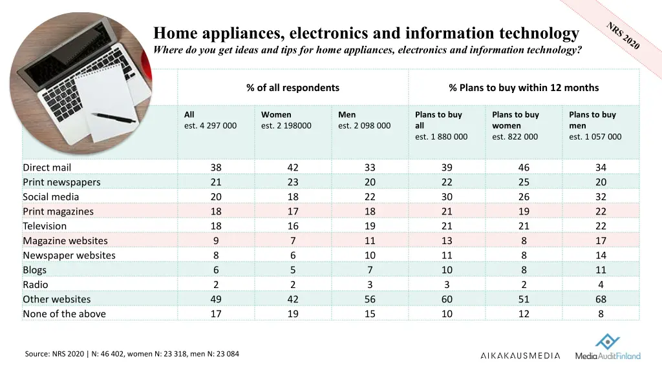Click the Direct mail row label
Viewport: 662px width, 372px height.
tap(47, 167)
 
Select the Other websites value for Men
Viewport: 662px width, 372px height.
tap(370, 299)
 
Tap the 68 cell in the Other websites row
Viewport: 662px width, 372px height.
tap(601, 299)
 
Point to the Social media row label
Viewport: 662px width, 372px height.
tap(51, 197)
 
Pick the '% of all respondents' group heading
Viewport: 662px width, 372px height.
tap(292, 88)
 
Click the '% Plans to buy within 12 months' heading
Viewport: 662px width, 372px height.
tap(524, 88)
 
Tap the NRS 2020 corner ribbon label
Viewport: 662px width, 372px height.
tap(623, 36)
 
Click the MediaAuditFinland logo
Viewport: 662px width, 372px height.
tap(608, 349)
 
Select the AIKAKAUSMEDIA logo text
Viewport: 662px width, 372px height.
tap(520, 356)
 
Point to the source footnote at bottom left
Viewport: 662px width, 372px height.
tap(132, 354)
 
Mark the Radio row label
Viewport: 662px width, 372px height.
tap(36, 285)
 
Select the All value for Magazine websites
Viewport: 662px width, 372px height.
tap(216, 241)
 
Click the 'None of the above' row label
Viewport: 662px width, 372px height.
tap(65, 314)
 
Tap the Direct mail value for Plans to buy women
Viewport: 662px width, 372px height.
tap(524, 167)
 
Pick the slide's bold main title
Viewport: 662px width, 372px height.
tap(366, 33)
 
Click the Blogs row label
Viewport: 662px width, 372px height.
tap(35, 270)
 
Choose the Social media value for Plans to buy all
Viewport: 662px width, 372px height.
tap(447, 197)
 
